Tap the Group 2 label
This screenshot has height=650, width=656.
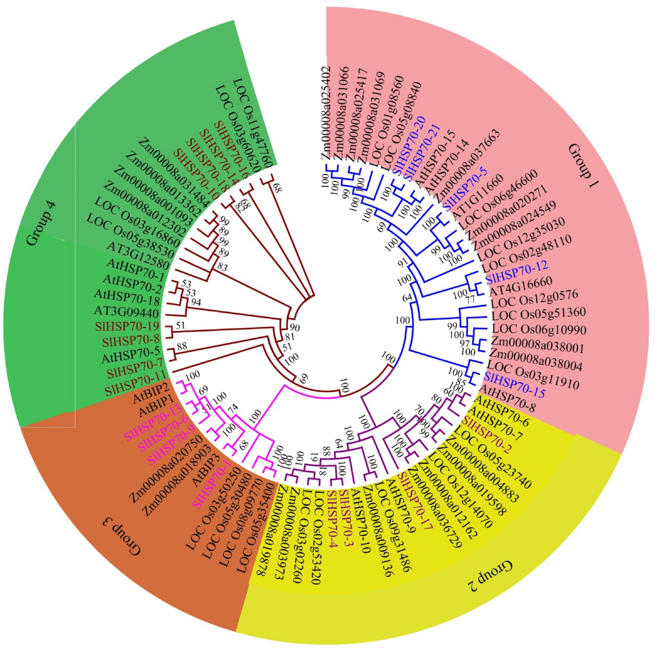tap(491, 574)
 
